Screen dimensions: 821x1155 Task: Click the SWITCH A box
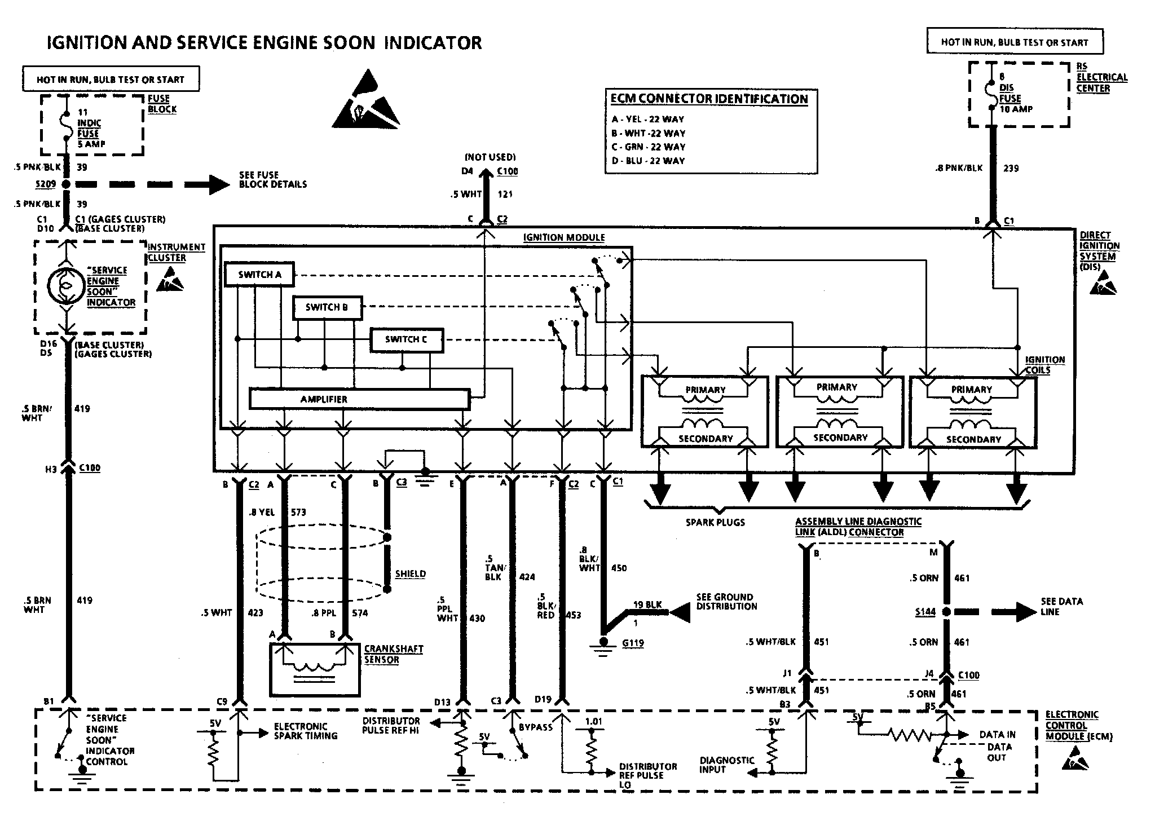click(259, 275)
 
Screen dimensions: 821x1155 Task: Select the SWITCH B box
click(327, 307)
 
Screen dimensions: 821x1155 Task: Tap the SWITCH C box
click(406, 339)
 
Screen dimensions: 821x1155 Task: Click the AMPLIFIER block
click(359, 399)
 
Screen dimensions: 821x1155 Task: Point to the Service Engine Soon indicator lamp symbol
click(66, 286)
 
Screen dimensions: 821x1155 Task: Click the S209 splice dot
click(66, 184)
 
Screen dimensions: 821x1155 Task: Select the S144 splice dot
click(947, 612)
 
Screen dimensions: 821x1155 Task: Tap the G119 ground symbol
click(603, 643)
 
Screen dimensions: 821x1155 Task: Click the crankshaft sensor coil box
click(315, 669)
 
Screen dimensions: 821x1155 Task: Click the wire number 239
click(1011, 168)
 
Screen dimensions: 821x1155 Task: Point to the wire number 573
click(298, 513)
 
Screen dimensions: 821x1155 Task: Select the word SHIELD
click(410, 574)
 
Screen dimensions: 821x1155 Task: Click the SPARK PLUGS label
click(715, 523)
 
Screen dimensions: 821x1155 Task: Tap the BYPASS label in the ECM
click(536, 727)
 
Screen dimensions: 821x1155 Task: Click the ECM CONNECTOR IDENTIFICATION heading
click(709, 99)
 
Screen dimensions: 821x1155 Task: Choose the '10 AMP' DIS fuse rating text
click(1016, 109)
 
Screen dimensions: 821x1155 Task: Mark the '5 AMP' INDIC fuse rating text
click(91, 144)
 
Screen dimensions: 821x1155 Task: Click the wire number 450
click(619, 568)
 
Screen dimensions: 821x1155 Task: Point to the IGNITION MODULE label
click(564, 237)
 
